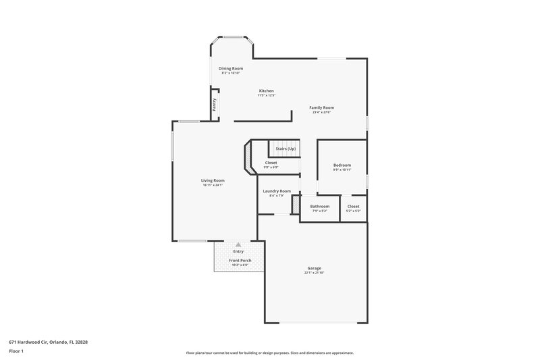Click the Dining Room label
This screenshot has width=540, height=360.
231,68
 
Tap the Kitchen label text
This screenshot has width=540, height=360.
267,91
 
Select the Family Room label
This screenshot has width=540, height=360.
322,107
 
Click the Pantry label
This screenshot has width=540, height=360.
214,105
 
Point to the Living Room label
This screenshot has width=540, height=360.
213,180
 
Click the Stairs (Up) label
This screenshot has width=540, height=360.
284,149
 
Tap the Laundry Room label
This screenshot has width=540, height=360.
277,191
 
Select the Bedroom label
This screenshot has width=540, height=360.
342,165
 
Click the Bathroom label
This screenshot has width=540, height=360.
319,206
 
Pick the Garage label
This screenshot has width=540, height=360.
315,268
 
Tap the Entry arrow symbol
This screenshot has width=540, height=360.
238,245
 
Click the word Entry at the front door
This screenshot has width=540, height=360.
238,251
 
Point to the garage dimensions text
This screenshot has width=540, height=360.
315,273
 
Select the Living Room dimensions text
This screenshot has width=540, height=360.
213,185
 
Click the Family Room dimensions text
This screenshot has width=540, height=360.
322,112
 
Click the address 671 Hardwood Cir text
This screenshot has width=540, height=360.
48,342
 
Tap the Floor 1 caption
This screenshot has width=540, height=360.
17,351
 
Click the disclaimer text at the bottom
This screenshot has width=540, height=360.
269,353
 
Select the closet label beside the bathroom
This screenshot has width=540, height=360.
354,206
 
